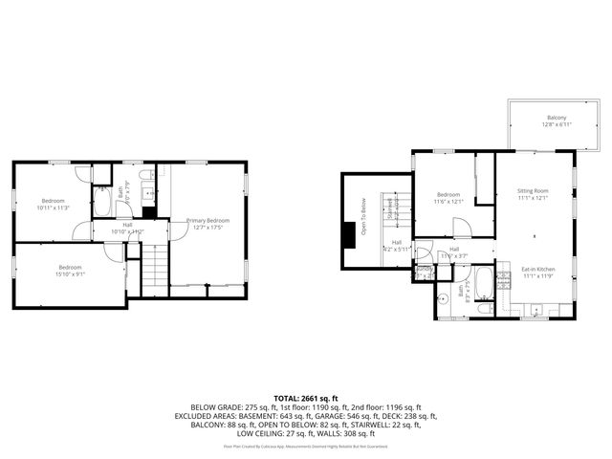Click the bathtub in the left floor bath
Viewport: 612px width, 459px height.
pyautogui.click(x=102, y=204)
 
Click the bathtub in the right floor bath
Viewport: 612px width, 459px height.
pyautogui.click(x=484, y=284)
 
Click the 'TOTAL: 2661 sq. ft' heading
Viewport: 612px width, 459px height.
pyautogui.click(x=306, y=398)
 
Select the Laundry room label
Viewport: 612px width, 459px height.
pyautogui.click(x=424, y=270)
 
